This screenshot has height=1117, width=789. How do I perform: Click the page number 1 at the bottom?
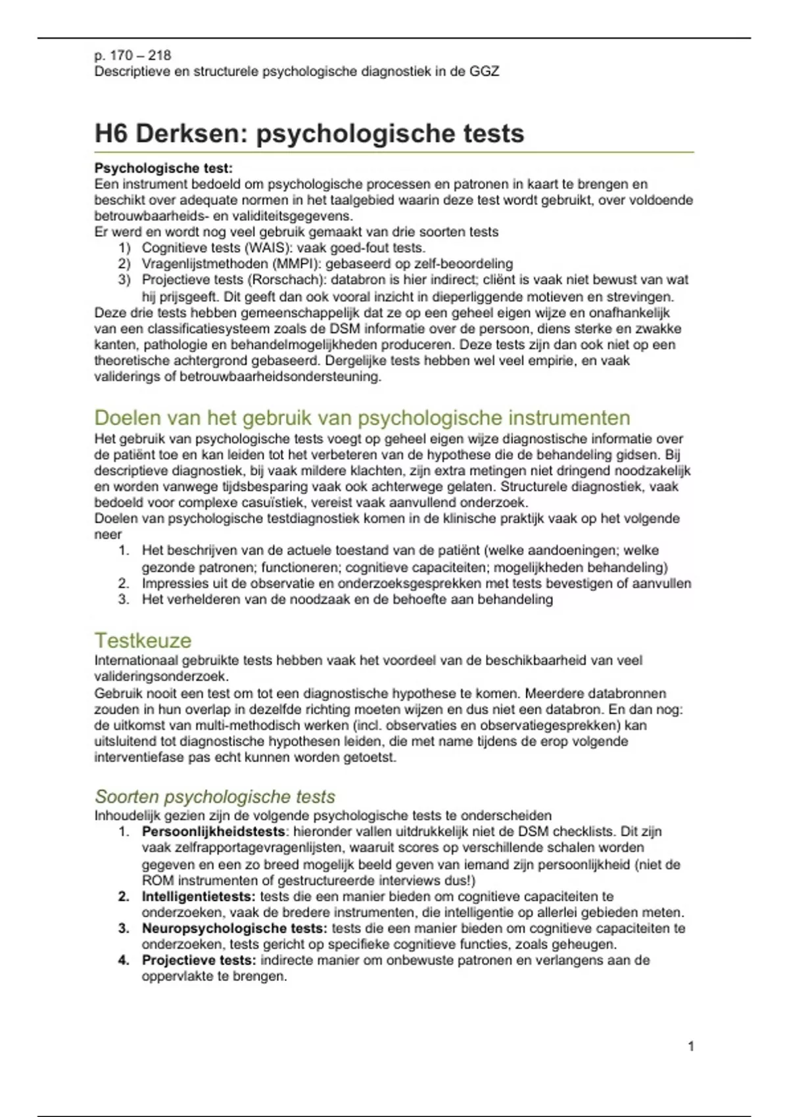coord(690,1046)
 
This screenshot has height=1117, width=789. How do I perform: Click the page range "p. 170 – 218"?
coord(133,55)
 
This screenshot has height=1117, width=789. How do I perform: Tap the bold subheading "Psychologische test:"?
coord(163,168)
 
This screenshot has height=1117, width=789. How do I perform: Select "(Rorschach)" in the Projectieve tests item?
coord(285,280)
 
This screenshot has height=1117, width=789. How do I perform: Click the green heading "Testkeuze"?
coord(143,640)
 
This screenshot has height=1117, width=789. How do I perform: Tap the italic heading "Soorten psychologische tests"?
coord(215,796)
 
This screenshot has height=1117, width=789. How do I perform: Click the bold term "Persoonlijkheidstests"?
coord(213,832)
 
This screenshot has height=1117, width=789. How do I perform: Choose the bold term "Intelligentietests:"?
coord(199,896)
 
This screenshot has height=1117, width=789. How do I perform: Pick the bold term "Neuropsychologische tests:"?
coord(234,928)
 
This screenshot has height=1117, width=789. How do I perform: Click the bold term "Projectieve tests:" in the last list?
coord(199,960)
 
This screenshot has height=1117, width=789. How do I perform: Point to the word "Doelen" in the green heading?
coord(128,417)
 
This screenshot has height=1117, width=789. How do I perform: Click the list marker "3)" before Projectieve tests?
coord(124,280)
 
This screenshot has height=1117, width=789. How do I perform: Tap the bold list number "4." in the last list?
coord(124,960)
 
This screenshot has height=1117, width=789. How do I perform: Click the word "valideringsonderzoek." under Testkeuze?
coord(161,676)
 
